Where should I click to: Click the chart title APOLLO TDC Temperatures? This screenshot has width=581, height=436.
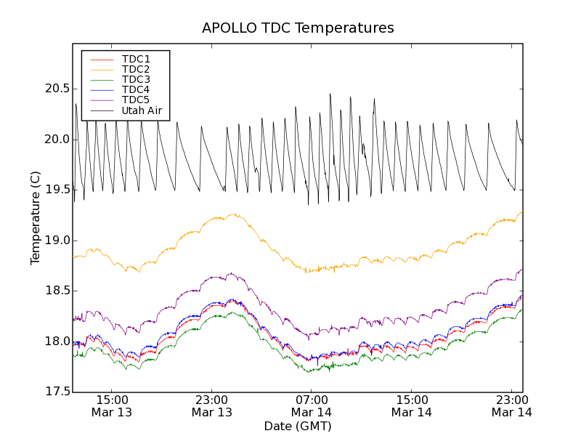298,28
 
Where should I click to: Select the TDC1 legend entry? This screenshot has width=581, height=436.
136,59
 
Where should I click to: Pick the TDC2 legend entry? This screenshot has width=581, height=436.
136,69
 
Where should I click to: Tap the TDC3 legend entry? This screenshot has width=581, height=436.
136,79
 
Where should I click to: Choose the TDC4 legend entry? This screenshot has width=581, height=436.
136,89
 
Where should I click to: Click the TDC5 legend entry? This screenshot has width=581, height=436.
136,100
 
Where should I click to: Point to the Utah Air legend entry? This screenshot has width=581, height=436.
142,110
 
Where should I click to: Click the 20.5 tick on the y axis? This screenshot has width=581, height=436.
57,89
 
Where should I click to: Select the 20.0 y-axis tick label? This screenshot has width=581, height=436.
57,140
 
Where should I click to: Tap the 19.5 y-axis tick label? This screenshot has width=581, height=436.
57,190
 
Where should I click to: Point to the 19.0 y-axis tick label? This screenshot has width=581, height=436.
57,241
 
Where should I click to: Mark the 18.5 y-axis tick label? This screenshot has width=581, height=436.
57,291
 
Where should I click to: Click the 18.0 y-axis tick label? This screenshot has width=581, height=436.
57,342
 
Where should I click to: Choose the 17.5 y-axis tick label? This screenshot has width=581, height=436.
57,392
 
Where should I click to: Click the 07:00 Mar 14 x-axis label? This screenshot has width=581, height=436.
312,405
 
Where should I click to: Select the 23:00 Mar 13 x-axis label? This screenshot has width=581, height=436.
212,405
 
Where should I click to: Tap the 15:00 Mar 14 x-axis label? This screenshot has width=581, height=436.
412,405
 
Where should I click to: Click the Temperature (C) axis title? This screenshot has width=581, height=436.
36,218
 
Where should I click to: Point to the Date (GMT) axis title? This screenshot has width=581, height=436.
298,426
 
